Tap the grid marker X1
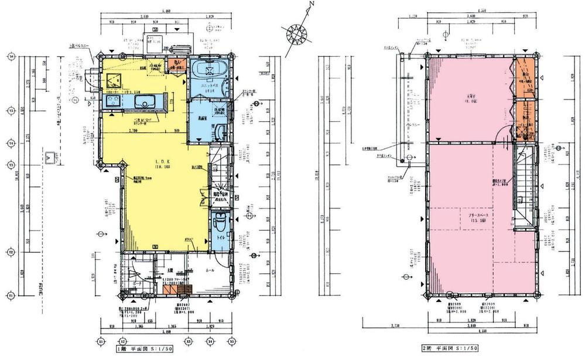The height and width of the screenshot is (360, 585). [x=100, y=341]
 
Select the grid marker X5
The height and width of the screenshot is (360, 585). [x=231, y=341]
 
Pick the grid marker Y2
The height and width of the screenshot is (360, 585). [x=10, y=252]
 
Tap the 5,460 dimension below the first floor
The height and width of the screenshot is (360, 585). [x=166, y=332]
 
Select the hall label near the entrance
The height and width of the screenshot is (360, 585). [x=208, y=272]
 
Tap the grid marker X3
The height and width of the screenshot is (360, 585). [x=188, y=341]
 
